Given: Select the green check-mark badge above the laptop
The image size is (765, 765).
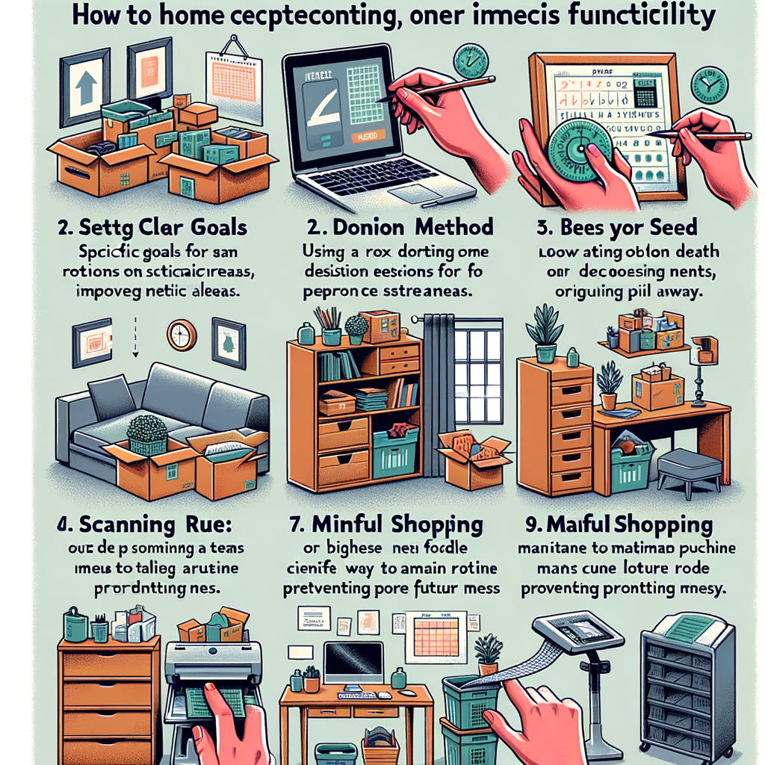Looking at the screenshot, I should pos(471,61).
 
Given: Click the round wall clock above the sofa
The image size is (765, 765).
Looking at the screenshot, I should pos(182,335).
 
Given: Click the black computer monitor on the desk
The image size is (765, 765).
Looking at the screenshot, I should pos(353,660).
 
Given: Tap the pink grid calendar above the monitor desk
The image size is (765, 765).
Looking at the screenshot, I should pos(436,637).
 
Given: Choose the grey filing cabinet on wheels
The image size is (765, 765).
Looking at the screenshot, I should pos(687,687).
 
